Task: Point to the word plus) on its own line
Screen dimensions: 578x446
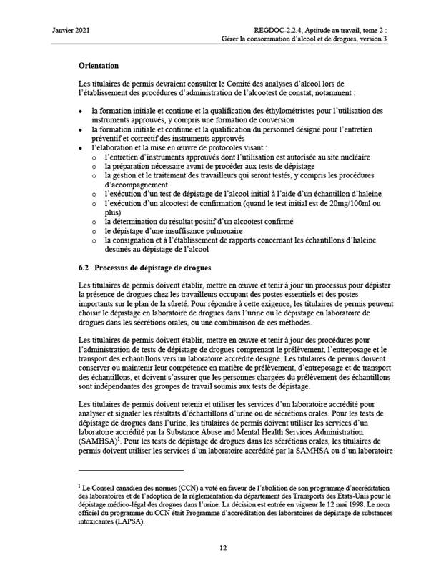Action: click(x=112, y=212)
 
